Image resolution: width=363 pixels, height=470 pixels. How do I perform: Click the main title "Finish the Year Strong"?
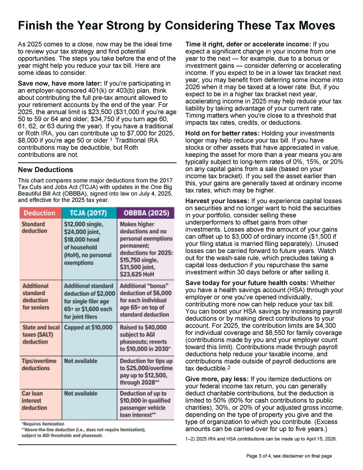point(176,25)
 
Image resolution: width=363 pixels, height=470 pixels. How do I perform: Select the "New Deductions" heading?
point(45,170)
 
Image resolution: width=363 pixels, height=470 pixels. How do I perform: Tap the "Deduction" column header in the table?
point(40,213)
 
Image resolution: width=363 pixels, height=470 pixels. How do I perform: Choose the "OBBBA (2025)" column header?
point(146,213)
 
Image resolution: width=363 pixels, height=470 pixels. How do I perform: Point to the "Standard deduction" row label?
point(34,227)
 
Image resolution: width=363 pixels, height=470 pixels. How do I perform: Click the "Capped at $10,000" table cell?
point(88,327)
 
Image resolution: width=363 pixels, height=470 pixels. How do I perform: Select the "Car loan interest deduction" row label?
point(34,400)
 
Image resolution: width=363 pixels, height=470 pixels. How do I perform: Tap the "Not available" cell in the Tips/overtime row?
point(81,361)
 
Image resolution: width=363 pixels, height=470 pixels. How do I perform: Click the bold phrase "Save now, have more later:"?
point(60,84)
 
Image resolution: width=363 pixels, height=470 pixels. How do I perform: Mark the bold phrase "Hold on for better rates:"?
point(222,133)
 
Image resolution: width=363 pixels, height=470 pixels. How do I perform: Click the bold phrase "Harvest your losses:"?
point(217,201)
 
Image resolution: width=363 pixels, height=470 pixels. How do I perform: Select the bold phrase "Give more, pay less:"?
point(217,379)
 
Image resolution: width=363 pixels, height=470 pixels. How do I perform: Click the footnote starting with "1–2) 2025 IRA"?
point(261,439)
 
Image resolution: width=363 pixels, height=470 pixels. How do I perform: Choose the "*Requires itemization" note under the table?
point(43,424)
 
